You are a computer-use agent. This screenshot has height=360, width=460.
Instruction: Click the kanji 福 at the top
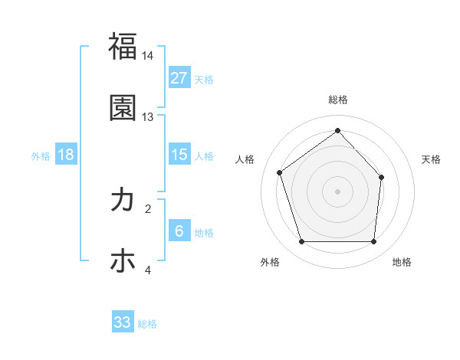[123, 45]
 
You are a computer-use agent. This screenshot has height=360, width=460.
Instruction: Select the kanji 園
[123, 108]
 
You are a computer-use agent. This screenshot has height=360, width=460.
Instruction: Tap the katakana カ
[123, 200]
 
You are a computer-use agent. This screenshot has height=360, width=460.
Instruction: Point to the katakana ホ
[123, 261]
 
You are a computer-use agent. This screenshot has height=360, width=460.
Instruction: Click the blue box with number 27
[179, 78]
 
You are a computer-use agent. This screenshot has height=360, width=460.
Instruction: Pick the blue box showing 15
[179, 155]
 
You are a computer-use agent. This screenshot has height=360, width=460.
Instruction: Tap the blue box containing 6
[179, 231]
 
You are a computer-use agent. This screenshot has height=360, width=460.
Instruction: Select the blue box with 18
[66, 155]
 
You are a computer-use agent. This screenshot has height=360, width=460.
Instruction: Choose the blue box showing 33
[123, 322]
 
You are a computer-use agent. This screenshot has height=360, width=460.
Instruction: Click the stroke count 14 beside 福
[148, 56]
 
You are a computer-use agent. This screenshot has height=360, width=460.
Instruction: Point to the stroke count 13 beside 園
[148, 117]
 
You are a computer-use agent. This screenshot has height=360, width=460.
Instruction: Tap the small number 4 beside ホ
[148, 270]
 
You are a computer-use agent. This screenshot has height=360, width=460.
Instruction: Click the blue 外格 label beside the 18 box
[41, 155]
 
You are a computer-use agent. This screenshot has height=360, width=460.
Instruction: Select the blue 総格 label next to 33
[147, 324]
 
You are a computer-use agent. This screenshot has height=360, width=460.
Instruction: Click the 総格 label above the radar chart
[337, 100]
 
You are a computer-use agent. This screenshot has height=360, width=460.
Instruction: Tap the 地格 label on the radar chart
[402, 262]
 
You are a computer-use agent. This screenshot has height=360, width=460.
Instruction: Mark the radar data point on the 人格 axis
[280, 172]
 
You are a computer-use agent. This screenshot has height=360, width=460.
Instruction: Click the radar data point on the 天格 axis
[381, 177]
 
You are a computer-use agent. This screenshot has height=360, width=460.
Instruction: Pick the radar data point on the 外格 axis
[301, 242]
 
